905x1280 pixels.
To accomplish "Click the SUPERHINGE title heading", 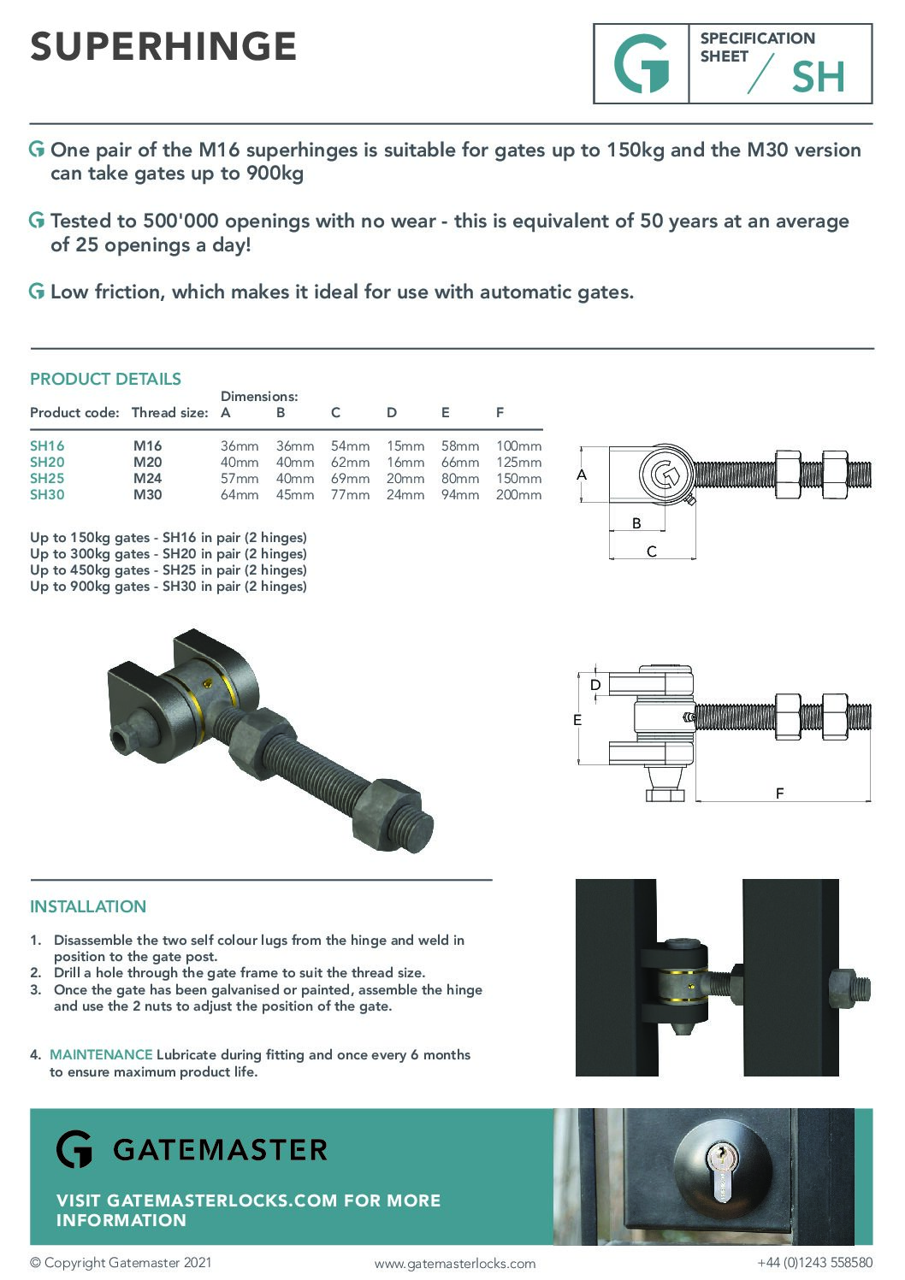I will (163, 46).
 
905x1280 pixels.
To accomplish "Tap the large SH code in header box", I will (818, 77).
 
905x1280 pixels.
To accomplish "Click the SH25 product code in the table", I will (47, 478).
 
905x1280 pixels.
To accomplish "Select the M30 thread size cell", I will (147, 494).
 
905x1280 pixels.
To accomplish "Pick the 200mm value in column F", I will (518, 494).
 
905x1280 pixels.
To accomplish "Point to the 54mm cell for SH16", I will (350, 445).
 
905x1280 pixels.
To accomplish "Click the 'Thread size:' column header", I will (169, 412).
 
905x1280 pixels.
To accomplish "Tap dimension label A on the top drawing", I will (582, 475).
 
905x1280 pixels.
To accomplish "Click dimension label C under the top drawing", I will (651, 552).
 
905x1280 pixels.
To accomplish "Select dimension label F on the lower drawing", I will (779, 793).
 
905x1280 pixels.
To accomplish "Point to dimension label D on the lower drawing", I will (595, 685).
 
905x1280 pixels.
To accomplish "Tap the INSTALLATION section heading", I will (88, 906).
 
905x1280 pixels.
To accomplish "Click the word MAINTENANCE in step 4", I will (101, 1054).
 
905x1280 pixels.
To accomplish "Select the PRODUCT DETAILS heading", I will (105, 379).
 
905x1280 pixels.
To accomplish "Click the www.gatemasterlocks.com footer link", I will (454, 1263).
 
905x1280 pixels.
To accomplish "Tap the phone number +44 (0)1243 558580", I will (814, 1262).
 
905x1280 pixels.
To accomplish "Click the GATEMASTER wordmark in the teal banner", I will (220, 1149).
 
